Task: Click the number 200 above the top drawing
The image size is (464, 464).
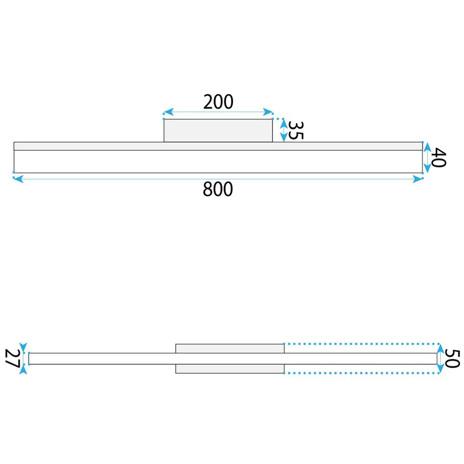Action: (218, 102)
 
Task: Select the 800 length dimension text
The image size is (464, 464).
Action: (218, 189)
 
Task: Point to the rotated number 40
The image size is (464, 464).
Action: (438, 158)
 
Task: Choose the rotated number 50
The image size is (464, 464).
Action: (452, 358)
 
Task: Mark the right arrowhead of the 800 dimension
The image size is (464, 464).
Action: (418, 179)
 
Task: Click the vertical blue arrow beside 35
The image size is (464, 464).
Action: (283, 130)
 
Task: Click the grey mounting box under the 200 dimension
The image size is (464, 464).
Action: (218, 130)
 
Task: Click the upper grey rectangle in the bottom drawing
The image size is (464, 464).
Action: (230, 348)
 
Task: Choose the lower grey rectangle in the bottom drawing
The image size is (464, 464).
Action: (230, 369)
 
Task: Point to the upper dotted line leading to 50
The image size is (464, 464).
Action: (362, 344)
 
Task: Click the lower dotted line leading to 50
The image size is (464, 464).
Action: (362, 373)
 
